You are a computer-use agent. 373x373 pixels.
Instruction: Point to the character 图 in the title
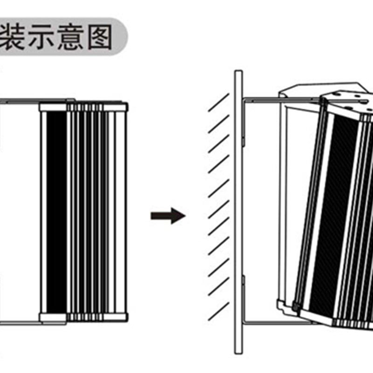coord(99,37)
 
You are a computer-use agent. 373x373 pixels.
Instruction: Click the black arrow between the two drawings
coord(168,216)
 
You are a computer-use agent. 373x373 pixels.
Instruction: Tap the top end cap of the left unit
coord(83,107)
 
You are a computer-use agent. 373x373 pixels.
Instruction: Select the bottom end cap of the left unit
coord(83,318)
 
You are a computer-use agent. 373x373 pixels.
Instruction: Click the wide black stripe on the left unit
coord(57,212)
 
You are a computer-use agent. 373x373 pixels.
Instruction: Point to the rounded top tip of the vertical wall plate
coord(238,72)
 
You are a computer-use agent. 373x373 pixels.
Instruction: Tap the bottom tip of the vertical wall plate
coord(238,352)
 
